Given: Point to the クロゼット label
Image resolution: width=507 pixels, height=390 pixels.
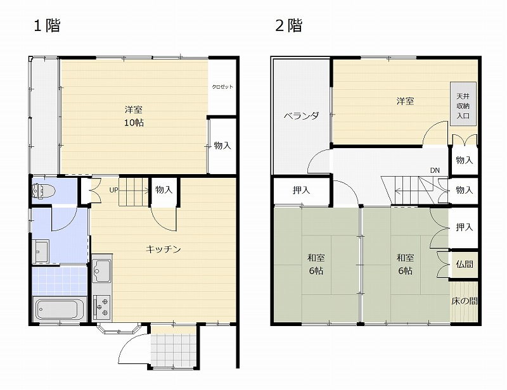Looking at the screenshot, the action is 222,87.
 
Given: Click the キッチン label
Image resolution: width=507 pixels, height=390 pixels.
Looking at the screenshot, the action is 164,249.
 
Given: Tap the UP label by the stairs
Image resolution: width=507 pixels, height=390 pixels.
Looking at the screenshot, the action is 113,190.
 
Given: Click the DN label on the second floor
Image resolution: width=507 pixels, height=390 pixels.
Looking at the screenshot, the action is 435,170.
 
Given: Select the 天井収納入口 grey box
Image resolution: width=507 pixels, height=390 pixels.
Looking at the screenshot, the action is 463,104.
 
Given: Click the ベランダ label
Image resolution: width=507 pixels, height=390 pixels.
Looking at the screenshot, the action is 302,116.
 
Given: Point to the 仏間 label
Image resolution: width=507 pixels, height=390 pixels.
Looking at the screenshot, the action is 465,264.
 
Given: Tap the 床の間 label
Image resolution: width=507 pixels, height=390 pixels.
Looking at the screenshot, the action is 465,301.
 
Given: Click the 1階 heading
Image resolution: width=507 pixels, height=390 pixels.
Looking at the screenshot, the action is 47,25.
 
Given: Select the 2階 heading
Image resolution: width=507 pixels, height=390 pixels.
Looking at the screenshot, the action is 289,25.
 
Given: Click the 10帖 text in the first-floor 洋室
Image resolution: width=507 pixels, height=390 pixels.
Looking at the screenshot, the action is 134,123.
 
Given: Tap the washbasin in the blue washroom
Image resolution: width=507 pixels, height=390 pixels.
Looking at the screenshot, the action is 41,251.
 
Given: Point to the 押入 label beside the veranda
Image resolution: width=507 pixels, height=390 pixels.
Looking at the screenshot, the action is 302,191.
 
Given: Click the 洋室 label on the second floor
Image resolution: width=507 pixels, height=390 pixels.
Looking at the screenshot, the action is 405,101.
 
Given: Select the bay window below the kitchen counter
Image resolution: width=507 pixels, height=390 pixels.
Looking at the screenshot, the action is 119,328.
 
